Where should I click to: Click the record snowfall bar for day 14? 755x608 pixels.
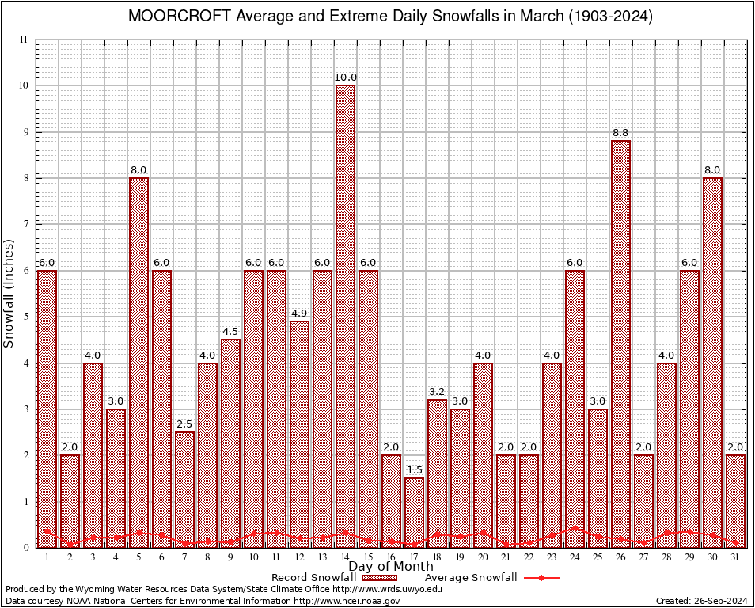point(345,317)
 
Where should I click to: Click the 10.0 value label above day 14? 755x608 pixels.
point(345,78)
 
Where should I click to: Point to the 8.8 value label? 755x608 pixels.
point(620,133)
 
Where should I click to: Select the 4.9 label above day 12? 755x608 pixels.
point(299,313)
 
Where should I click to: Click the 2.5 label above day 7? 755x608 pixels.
point(184,424)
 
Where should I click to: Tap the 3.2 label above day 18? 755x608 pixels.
point(437,392)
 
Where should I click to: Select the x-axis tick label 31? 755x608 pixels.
point(735,557)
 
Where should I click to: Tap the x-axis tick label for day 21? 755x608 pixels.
point(506,557)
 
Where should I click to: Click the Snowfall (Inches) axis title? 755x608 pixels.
point(9,293)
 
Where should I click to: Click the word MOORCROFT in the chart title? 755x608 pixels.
point(173,16)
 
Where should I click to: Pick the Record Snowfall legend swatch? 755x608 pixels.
point(378,578)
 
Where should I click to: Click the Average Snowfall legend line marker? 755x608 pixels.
point(541,578)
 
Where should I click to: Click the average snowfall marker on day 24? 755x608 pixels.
point(575,528)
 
